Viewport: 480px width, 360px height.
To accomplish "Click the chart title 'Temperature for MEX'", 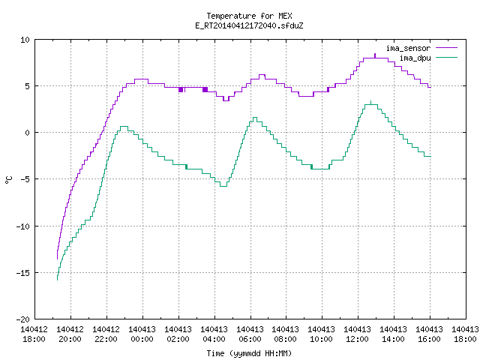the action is (x=249, y=16).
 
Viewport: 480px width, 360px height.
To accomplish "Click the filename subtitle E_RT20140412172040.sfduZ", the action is (x=249, y=25).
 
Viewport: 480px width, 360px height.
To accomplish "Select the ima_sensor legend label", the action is (x=408, y=48).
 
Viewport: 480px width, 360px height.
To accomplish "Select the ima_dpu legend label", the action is (x=415, y=58).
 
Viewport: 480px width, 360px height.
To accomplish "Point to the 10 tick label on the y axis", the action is (x=25, y=40).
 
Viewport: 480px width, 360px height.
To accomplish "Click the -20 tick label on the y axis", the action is (x=23, y=319).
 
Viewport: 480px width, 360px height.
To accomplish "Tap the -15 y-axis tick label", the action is (x=23, y=273).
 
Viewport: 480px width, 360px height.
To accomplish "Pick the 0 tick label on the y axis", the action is (x=28, y=133).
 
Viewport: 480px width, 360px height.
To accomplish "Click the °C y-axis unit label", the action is (x=9, y=180).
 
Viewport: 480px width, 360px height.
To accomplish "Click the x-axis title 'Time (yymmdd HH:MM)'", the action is (x=249, y=353).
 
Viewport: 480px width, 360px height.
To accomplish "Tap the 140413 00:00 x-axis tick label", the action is (x=142, y=334).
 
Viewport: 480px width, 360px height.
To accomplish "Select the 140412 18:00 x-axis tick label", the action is (x=34, y=334).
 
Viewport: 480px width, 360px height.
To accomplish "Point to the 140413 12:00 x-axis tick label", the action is (x=358, y=334).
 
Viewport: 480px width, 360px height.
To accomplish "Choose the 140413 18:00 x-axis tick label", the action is (x=465, y=334).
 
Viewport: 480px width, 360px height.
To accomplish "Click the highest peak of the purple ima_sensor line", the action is (x=375, y=54).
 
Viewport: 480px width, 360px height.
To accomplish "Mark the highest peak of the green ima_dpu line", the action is (x=371, y=101).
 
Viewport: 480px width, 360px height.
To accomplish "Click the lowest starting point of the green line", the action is (x=57, y=280).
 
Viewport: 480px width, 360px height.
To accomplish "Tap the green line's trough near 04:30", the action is (x=223, y=186).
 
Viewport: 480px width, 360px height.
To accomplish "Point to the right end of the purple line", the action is (x=430, y=88).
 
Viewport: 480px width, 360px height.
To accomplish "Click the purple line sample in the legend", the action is (x=446, y=48).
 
